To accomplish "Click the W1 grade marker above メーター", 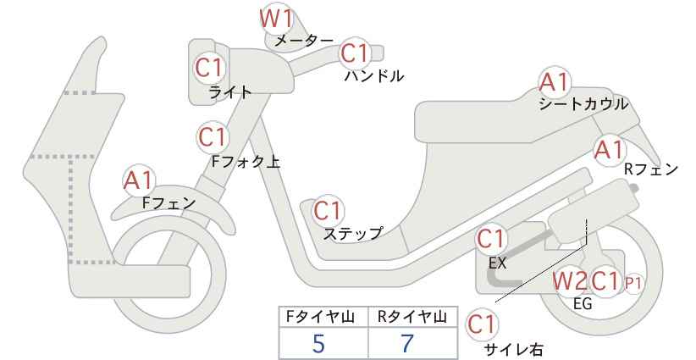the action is pos(276,19).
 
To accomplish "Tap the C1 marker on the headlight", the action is pos(209,69).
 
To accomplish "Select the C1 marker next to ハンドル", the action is pos(355,53).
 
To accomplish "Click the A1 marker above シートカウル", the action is pos(554,82).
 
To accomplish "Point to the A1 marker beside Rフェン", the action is pos(610,150).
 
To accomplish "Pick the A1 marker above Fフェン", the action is pos(138,180).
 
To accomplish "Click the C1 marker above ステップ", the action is pos(328,211).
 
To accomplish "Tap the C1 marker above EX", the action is pos(490,240).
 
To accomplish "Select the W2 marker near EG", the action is pos(570,281).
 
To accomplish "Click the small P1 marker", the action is pos(633,283).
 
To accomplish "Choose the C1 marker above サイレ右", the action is pos(481,324).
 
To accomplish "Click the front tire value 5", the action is pos(318,343).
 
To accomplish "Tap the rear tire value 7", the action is pos(407,343).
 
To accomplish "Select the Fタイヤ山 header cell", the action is pos(323,317).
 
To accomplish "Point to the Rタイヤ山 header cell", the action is pos(412,317).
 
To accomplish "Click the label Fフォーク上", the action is pos(246,162).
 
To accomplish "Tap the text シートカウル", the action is pos(583,104).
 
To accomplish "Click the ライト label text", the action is pos(230,92).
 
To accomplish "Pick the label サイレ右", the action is pos(513,349).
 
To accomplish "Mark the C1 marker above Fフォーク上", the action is pos(213,137).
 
